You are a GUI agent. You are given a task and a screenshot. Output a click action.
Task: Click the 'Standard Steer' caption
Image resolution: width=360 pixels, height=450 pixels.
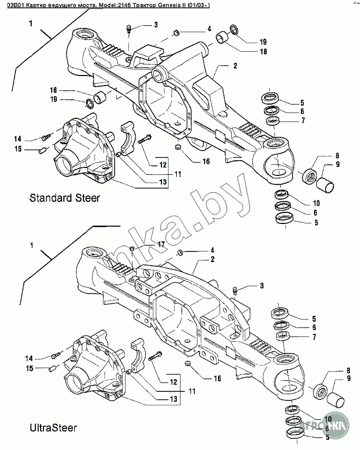click(64, 199)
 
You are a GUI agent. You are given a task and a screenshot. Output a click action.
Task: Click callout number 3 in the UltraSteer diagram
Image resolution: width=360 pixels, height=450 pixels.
click(260, 286)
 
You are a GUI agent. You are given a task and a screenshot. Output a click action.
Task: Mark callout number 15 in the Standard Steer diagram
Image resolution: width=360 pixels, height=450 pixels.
click(17, 149)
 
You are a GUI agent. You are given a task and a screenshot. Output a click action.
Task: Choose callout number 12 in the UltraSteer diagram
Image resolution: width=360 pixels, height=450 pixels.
click(172, 381)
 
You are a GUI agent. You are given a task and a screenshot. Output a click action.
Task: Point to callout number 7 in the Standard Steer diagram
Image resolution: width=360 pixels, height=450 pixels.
click(302, 121)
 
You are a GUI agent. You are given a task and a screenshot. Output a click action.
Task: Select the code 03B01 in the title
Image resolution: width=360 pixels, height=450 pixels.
click(13, 5)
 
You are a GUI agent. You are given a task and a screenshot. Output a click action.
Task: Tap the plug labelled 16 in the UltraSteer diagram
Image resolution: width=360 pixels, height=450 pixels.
click(188, 364)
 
